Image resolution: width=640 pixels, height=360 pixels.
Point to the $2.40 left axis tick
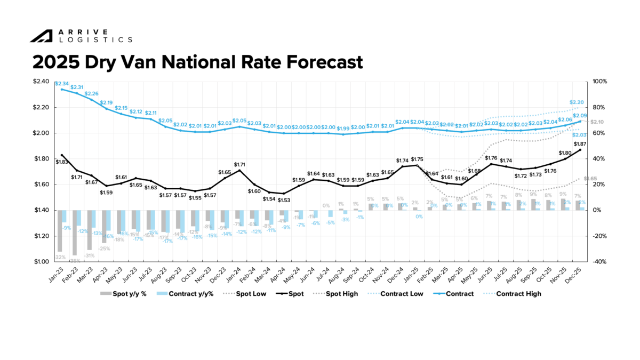tap(42, 82)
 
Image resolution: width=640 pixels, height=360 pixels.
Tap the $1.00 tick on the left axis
tap(42, 261)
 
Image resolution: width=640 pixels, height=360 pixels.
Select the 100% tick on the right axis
tap(600, 82)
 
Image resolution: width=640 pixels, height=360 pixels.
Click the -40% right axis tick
tap(599, 261)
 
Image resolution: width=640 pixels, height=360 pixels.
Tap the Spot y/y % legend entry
tap(124, 294)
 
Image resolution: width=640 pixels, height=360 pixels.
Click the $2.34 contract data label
tap(62, 84)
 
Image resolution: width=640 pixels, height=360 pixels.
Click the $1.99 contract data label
tap(343, 128)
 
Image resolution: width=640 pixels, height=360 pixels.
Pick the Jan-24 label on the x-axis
tap(235, 275)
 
